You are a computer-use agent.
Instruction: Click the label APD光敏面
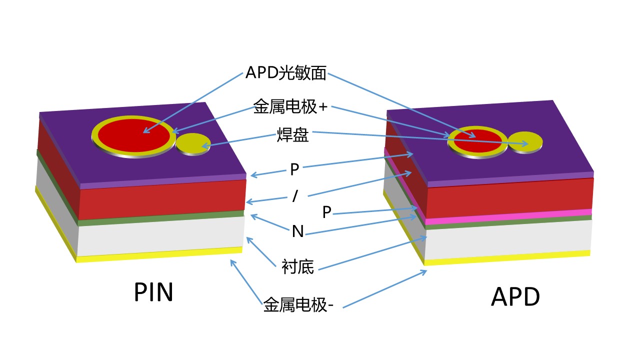tap(285, 73)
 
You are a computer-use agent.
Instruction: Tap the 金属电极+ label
tap(290, 106)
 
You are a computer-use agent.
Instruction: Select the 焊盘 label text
tap(292, 135)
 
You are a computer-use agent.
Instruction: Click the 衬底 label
tap(297, 267)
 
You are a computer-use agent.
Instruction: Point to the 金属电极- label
tap(298, 304)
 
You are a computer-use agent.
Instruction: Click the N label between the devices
tap(297, 231)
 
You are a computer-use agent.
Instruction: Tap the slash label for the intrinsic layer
tap(295, 196)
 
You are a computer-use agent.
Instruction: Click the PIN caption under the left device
tap(153, 292)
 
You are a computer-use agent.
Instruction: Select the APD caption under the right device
tap(515, 297)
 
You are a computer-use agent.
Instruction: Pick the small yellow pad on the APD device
tap(525, 141)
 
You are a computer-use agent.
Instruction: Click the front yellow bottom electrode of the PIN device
tap(160, 254)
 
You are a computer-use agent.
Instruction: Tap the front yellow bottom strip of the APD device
tap(507, 257)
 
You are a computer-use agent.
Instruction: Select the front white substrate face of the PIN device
tap(160, 236)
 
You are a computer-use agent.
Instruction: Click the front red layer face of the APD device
tap(507, 196)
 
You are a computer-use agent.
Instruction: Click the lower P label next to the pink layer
tap(326, 212)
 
